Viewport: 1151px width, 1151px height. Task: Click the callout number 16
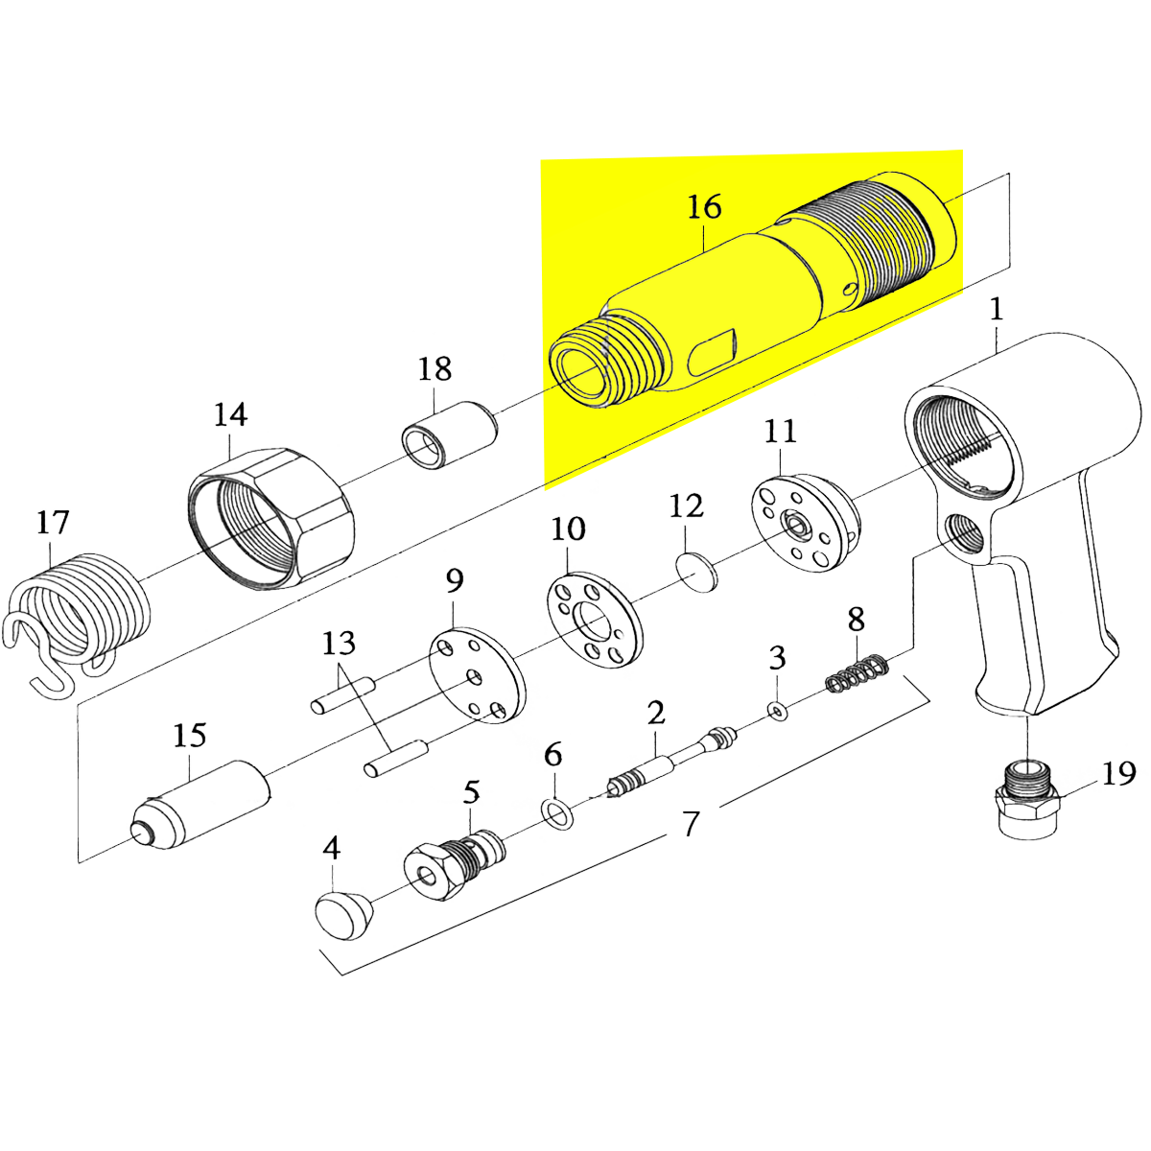[704, 207]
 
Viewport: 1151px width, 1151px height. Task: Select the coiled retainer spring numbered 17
[82, 614]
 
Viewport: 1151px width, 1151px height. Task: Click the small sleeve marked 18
[449, 437]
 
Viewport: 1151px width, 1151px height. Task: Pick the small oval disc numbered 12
[697, 572]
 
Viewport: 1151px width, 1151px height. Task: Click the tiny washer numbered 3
[776, 711]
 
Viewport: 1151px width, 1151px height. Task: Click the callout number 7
[691, 823]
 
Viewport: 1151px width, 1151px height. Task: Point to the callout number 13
[339, 643]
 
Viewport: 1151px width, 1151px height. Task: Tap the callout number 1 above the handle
[996, 309]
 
